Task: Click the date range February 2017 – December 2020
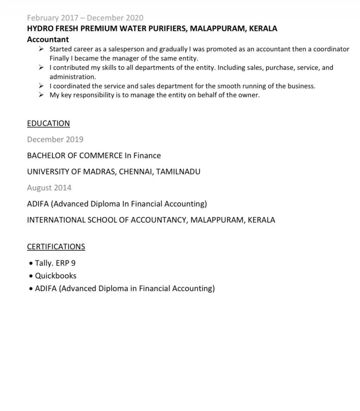coord(85,18)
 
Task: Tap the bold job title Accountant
coord(48,39)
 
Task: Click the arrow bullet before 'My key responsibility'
coord(41,95)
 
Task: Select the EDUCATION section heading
coord(48,123)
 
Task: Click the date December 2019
coord(55,140)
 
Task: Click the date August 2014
coord(49,188)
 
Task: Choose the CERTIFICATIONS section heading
coord(56,247)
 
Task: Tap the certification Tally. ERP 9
coord(55,263)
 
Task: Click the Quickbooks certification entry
coord(56,276)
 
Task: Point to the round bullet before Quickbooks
coord(31,276)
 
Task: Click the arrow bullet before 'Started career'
coord(41,49)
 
